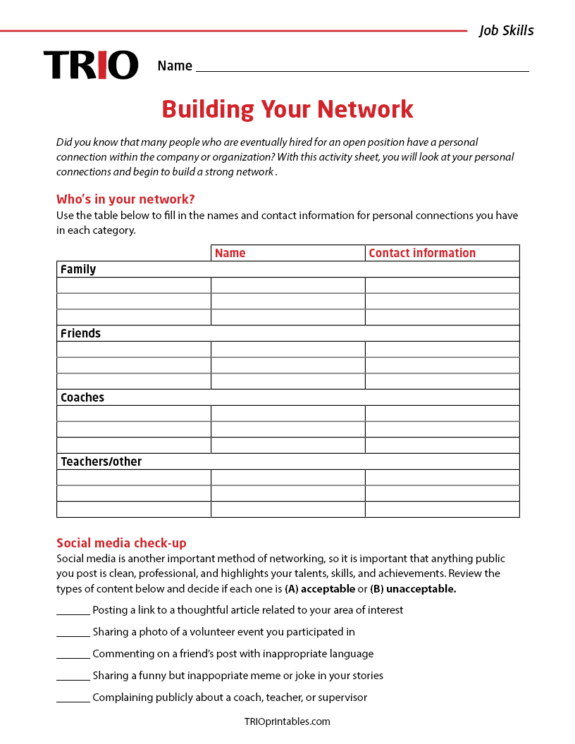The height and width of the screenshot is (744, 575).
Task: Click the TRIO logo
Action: pyautogui.click(x=91, y=65)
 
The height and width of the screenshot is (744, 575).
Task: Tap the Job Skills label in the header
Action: pyautogui.click(x=506, y=30)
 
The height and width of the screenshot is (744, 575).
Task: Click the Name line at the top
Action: pyautogui.click(x=361, y=67)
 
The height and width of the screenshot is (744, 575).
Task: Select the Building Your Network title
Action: pyautogui.click(x=287, y=109)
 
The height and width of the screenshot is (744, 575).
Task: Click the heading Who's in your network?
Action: pyautogui.click(x=125, y=199)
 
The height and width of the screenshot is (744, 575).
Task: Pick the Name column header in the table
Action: pyautogui.click(x=230, y=253)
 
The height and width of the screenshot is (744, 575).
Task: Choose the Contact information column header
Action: pyautogui.click(x=422, y=253)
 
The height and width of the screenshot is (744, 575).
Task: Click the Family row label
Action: pyautogui.click(x=78, y=269)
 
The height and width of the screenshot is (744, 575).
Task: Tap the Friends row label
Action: pyautogui.click(x=80, y=333)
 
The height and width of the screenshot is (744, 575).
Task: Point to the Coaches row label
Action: pyautogui.click(x=82, y=397)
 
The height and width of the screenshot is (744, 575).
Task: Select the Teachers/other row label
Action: pyautogui.click(x=101, y=461)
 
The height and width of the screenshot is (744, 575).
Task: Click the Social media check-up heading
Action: pyautogui.click(x=121, y=542)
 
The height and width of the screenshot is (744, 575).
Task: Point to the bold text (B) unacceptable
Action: pyautogui.click(x=413, y=589)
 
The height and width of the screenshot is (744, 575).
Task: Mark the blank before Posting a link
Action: pyautogui.click(x=73, y=611)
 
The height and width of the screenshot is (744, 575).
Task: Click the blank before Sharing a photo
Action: pyautogui.click(x=73, y=633)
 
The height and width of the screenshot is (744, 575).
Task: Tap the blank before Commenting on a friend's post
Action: pyautogui.click(x=73, y=655)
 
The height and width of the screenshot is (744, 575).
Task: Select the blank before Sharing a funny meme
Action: pyautogui.click(x=73, y=676)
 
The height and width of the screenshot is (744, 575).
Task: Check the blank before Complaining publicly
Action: pyautogui.click(x=73, y=698)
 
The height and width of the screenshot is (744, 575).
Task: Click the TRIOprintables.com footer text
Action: pyautogui.click(x=287, y=721)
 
